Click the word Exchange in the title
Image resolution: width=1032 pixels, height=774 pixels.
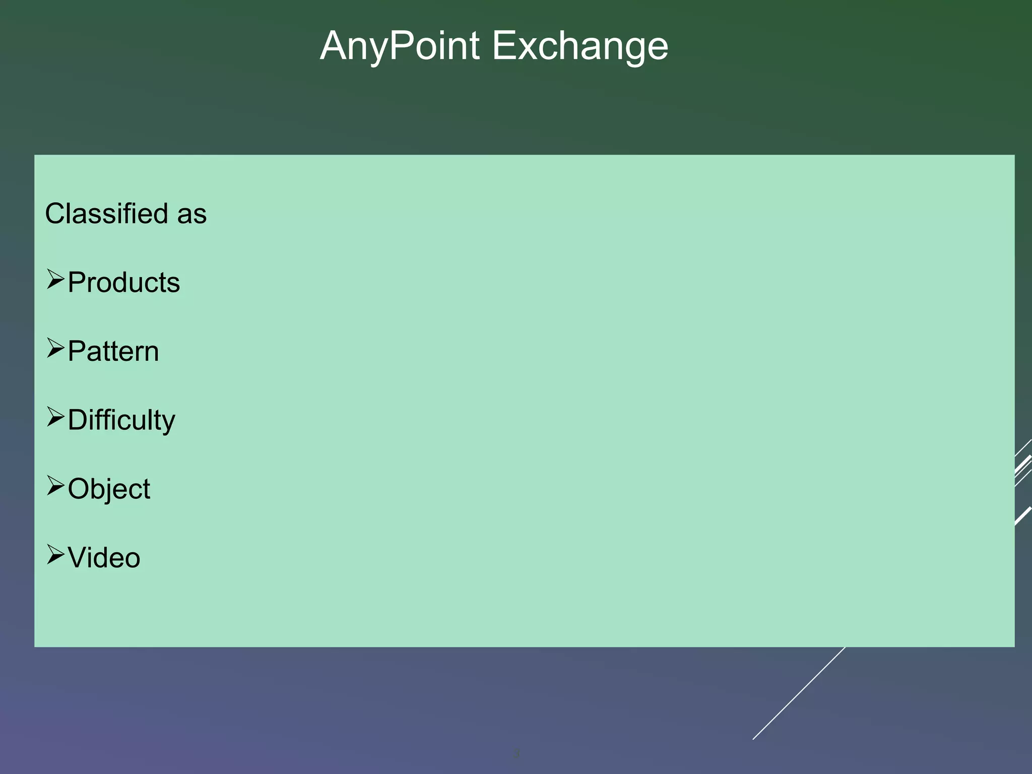click(x=579, y=46)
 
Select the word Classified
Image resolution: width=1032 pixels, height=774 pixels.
click(x=106, y=214)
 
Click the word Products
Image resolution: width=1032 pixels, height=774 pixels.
click(x=123, y=282)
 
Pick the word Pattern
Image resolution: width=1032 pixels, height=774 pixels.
click(x=113, y=351)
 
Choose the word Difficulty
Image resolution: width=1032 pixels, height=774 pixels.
click(x=121, y=420)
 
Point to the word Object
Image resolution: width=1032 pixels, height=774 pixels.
click(x=108, y=489)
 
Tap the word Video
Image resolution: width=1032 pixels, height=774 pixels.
click(x=104, y=558)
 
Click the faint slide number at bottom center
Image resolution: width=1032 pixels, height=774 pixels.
click(x=515, y=754)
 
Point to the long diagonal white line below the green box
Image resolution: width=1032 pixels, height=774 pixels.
click(x=799, y=693)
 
